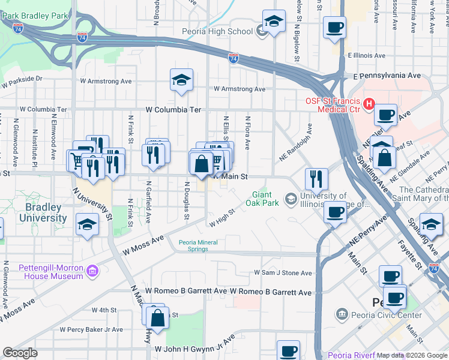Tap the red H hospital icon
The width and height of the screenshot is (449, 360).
pos(367,104)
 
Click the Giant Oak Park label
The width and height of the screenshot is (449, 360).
pos(262,199)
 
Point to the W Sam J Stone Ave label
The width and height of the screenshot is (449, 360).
pos(283,273)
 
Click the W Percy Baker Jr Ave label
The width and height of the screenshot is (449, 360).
pos(91,329)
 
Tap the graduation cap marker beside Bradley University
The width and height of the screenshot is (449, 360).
pos(88,224)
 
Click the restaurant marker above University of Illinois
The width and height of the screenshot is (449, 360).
pos(316,178)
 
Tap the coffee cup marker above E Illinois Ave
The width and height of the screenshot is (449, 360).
pos(334,26)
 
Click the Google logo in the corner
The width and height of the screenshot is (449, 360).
pos(20,353)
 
